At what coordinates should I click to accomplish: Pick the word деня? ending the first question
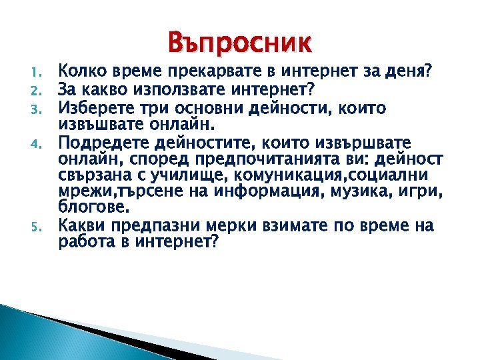point(409,70)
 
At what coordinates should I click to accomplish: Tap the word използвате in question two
point(157,89)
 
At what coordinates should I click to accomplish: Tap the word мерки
point(217,227)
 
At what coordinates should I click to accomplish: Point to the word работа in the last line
point(83,243)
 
